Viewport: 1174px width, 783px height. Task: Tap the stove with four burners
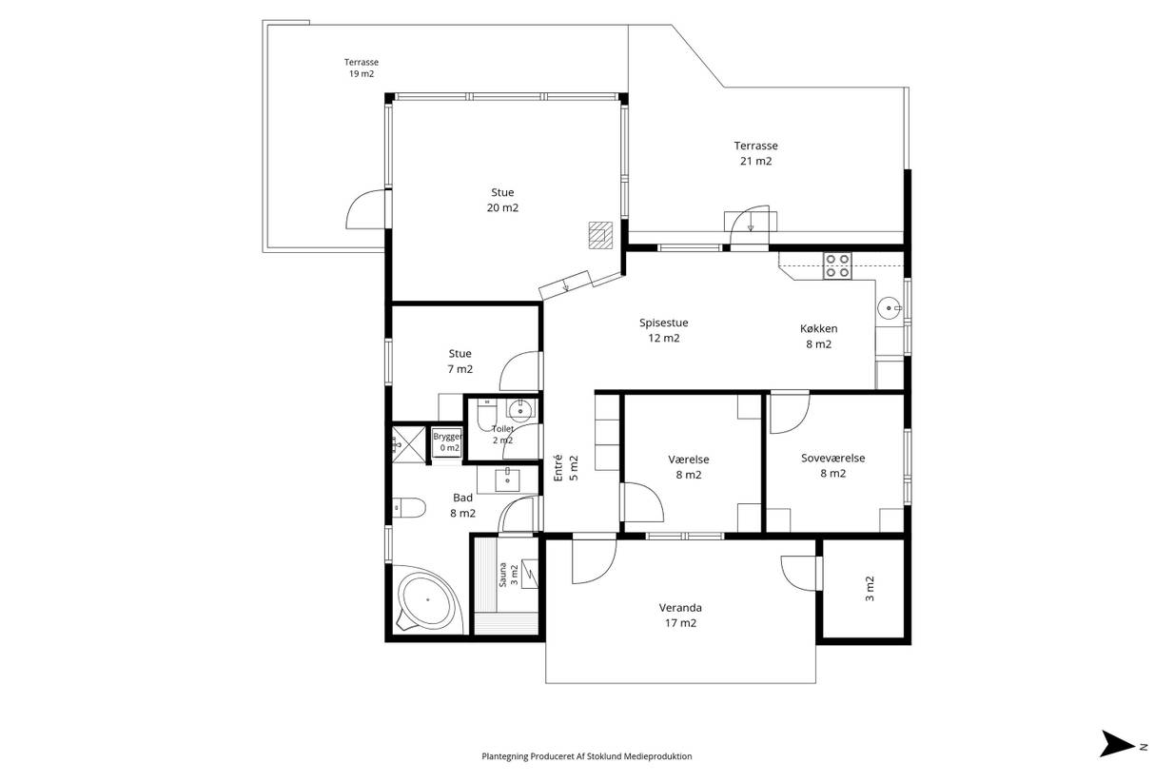click(x=837, y=265)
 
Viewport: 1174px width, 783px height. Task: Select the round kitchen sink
click(x=890, y=307)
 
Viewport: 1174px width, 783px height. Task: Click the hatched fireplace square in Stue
click(x=600, y=235)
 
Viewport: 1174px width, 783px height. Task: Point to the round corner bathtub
click(x=428, y=599)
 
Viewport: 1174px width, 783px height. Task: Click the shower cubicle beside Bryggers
click(x=409, y=445)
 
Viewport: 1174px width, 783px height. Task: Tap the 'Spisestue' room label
click(x=663, y=323)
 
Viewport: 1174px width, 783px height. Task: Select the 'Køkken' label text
click(x=818, y=328)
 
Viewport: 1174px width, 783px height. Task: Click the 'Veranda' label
click(x=680, y=607)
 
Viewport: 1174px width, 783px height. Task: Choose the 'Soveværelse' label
click(x=832, y=458)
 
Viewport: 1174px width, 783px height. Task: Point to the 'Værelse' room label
click(x=688, y=460)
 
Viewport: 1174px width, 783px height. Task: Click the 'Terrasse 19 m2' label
click(x=362, y=68)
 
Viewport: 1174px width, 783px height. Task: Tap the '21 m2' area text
click(x=755, y=161)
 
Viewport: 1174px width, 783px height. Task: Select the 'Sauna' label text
click(x=502, y=575)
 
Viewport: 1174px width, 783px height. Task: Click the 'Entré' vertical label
click(x=558, y=468)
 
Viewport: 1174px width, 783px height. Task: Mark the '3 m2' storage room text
click(x=870, y=589)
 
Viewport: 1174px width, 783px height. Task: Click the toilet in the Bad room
click(x=409, y=507)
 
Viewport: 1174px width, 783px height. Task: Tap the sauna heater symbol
click(x=530, y=574)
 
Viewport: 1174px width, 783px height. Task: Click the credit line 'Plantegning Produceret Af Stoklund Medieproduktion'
click(x=586, y=756)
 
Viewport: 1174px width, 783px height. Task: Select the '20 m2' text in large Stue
click(x=502, y=207)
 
